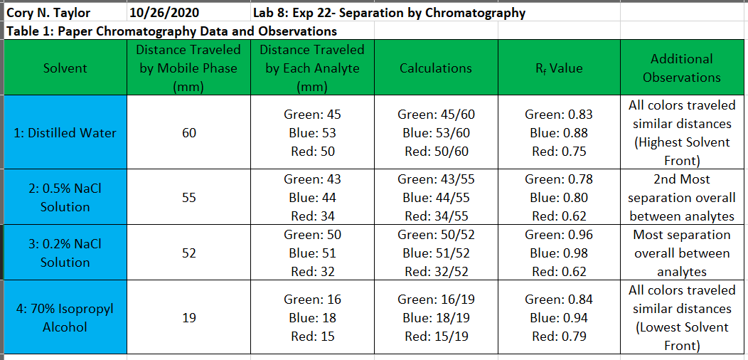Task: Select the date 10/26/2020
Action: click(x=165, y=13)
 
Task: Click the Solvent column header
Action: click(x=65, y=68)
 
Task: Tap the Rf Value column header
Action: click(x=558, y=68)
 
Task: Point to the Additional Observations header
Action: click(x=681, y=68)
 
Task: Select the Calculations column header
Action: click(x=435, y=68)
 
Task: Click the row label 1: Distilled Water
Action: click(x=65, y=132)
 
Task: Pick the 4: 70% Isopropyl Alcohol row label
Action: click(x=65, y=318)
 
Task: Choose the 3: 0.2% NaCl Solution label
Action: click(x=65, y=253)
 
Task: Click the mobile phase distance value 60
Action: click(x=188, y=132)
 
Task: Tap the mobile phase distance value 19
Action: click(x=188, y=318)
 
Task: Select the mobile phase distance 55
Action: click(x=188, y=198)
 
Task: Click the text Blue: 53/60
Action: click(x=435, y=132)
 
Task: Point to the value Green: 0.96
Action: click(x=558, y=235)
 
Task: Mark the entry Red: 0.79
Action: click(x=558, y=337)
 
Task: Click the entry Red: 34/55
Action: click(x=435, y=216)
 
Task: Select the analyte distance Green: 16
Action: click(x=312, y=300)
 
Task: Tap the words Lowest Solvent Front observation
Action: click(x=681, y=337)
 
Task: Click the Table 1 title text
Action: click(x=171, y=31)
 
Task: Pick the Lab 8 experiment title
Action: click(x=389, y=13)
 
